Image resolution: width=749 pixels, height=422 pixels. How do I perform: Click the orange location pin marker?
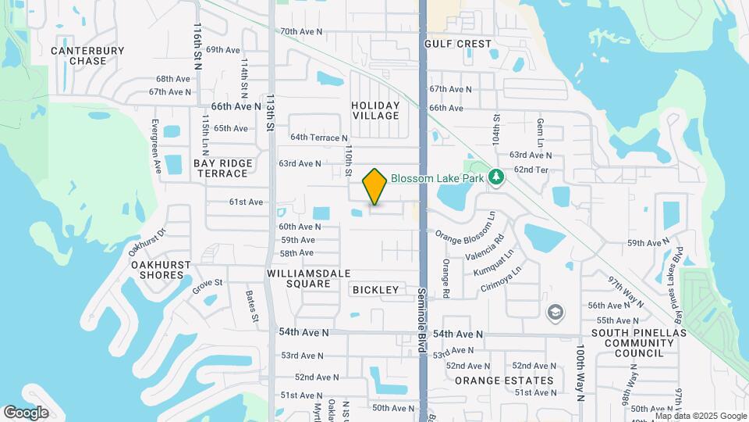point(374,186)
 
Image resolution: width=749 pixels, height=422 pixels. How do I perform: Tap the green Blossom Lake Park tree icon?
point(495,177)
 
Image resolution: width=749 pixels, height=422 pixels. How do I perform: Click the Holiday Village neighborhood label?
point(375,110)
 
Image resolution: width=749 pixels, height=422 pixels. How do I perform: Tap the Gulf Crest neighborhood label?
point(458,45)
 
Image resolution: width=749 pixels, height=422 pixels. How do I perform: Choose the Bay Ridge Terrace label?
point(223,168)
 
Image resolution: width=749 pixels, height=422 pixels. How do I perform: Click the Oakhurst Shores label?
point(161,270)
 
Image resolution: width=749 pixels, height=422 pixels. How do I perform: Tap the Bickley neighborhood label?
point(375,290)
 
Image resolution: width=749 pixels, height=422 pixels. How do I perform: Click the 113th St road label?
point(271,113)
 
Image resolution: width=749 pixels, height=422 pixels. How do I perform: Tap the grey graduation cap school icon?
point(555,313)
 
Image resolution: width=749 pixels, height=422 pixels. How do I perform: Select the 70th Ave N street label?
point(301,32)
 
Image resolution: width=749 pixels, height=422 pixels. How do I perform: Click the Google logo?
point(26,413)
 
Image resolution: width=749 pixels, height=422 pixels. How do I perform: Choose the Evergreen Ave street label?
point(155,146)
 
